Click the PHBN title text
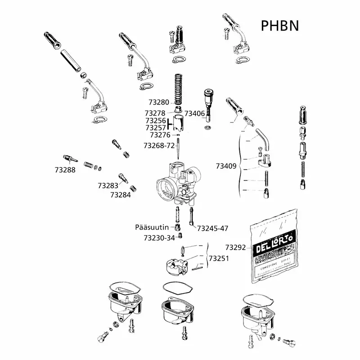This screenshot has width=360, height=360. point(279,25)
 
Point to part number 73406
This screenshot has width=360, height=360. point(194,113)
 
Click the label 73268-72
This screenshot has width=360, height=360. point(158,146)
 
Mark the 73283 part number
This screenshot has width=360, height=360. point(108,185)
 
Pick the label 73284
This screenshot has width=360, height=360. point(120,195)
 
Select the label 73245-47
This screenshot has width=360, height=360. point(213,228)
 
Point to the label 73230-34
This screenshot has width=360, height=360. point(159,238)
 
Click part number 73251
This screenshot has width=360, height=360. point(218,259)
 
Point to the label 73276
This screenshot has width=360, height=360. point(160,135)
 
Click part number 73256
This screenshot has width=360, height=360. point(155,121)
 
